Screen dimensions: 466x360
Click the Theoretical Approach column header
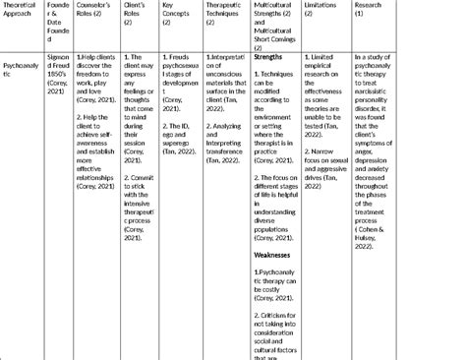coord(21,9)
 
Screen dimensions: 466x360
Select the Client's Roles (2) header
coord(137,9)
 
